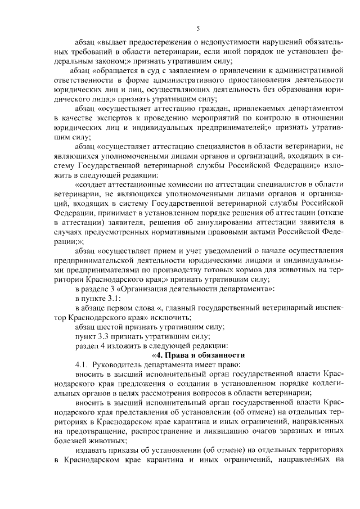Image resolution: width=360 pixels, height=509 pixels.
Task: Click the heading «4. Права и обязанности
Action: (x=198, y=355)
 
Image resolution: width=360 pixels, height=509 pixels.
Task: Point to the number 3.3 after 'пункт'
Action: (x=107, y=335)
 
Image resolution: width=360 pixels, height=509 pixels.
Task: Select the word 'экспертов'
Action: (x=109, y=118)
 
